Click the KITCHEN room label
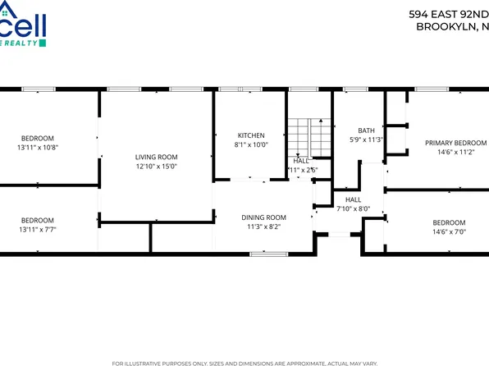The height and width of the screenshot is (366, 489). (251, 135)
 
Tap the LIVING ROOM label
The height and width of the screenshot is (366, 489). (156, 157)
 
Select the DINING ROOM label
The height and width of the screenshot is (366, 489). (263, 217)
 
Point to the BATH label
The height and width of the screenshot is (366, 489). (367, 130)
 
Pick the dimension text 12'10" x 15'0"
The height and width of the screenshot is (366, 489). (156, 167)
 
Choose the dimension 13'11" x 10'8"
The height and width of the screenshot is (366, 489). (38, 148)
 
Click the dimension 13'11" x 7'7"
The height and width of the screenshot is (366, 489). (38, 230)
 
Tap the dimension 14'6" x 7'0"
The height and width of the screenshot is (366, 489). (449, 232)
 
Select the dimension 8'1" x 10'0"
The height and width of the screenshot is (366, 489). (251, 145)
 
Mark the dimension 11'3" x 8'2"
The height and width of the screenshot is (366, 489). (263, 227)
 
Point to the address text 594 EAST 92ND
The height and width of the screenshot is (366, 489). (448, 14)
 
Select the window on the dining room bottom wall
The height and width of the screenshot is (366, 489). (263, 254)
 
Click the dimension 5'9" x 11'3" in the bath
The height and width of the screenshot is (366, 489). (367, 140)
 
